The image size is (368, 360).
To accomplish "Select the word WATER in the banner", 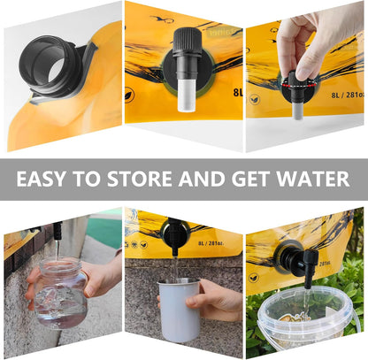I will pyautogui.click(x=311, y=180).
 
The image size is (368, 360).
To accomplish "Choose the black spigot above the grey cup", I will pyautogui.click(x=174, y=240).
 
